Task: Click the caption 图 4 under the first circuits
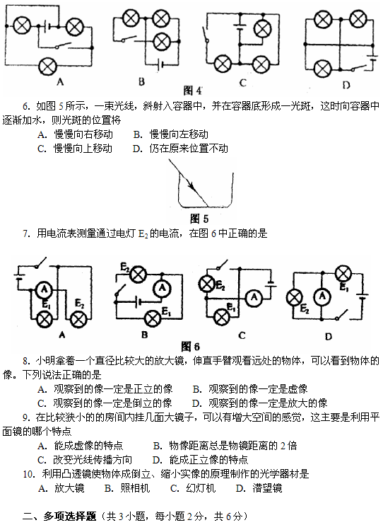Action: point(193,90)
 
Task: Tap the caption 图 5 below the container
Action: point(199,219)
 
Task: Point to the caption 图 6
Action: point(190,346)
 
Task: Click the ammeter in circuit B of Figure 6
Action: point(163,287)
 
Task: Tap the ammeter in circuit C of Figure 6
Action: point(254,297)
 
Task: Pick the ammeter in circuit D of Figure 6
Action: point(322,296)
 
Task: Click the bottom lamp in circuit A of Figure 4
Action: point(48,67)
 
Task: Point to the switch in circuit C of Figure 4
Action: point(206,36)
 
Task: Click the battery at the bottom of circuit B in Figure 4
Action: point(160,64)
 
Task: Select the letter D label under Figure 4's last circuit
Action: point(346,85)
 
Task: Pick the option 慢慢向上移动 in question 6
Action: point(83,149)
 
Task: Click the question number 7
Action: point(26,233)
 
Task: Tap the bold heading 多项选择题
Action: point(69,516)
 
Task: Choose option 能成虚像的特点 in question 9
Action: point(88,446)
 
